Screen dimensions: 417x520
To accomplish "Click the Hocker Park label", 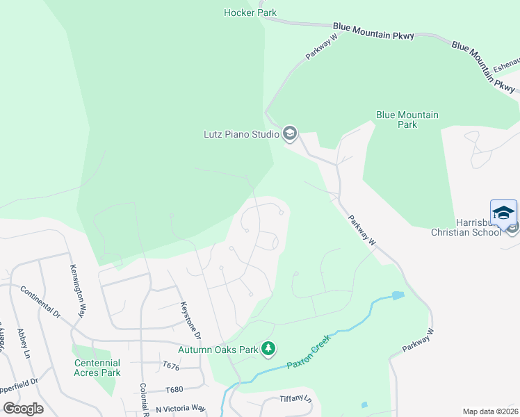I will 250,13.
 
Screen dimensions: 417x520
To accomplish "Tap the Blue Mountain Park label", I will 407,120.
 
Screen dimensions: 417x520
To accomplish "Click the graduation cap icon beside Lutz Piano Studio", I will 289,133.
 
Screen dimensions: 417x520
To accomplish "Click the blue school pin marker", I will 503,211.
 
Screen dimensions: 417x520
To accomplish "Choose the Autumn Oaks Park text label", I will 218,350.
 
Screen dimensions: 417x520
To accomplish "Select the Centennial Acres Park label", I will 97,368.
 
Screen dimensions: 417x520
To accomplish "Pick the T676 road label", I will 171,365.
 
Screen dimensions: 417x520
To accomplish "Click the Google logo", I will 23,409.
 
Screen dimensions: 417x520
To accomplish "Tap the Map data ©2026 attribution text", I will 490,411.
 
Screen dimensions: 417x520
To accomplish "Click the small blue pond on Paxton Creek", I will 397,296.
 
